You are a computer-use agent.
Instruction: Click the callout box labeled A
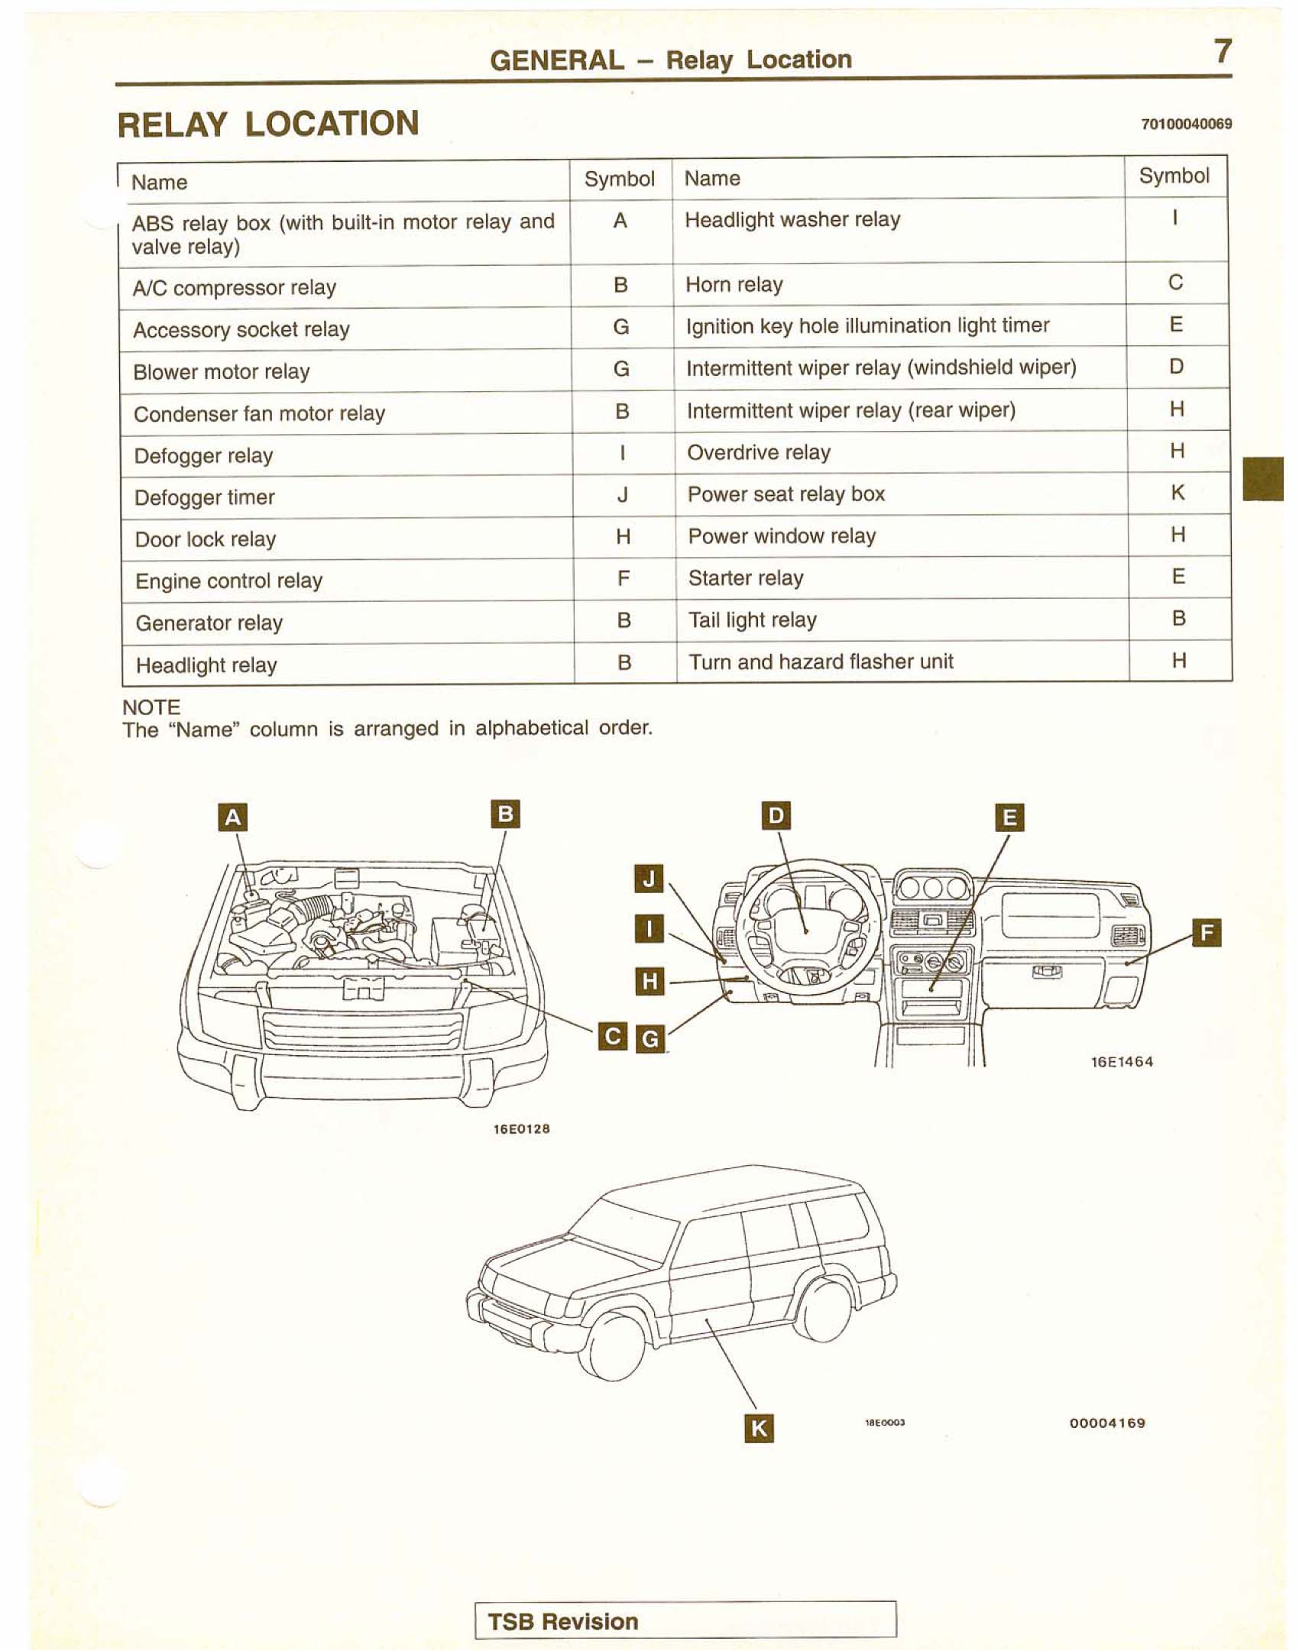233,817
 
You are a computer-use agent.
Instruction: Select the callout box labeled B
504,814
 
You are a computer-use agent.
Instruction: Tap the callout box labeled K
758,1427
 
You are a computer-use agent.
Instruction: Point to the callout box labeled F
1207,933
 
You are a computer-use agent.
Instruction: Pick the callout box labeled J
649,879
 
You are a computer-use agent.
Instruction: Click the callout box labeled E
1009,817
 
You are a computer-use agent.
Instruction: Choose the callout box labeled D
776,815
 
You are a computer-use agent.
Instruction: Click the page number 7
1223,52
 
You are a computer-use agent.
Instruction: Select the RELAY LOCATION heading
268,125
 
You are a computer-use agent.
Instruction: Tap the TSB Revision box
685,1620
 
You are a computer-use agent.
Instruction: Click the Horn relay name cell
899,285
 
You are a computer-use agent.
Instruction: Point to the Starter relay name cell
902,578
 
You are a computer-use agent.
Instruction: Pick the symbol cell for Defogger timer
623,496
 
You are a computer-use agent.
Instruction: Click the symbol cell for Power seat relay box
1178,493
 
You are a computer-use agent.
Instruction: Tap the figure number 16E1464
1122,1061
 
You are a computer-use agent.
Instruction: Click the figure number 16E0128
522,1128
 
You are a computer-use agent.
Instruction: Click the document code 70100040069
1186,124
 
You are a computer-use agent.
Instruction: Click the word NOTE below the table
151,707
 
